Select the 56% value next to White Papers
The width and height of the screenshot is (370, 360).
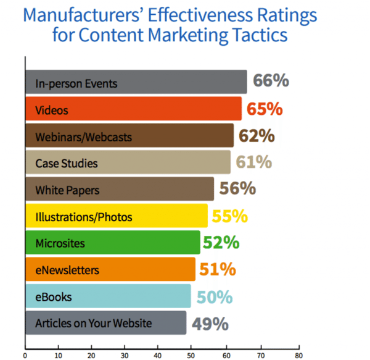click(x=239, y=189)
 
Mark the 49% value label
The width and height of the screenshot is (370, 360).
click(x=210, y=324)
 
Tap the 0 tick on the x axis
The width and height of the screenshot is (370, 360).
click(x=25, y=355)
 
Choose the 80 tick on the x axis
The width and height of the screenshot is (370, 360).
click(x=298, y=355)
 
